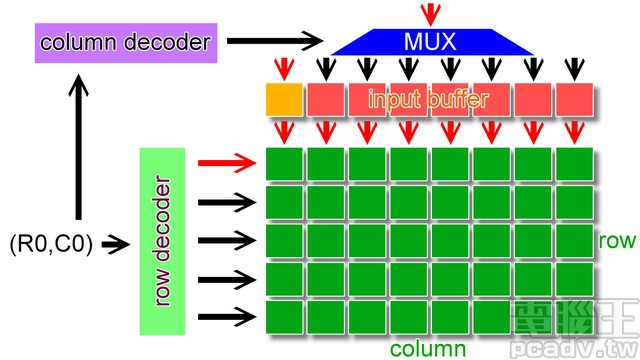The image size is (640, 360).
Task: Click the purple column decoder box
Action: [125, 43]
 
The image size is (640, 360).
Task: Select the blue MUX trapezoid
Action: [430, 42]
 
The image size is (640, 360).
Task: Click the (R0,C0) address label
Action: [50, 243]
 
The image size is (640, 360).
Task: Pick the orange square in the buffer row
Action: [284, 99]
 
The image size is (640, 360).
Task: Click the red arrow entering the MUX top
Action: [430, 13]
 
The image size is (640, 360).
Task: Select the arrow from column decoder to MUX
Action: [274, 42]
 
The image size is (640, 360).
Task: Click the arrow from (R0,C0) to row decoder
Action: [116, 243]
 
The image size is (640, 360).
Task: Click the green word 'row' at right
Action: [617, 242]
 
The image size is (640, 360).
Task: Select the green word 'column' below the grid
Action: [428, 348]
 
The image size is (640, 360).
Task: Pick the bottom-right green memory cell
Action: [574, 317]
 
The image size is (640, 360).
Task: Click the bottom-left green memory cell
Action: [285, 317]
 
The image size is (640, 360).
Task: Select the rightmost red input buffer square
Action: [574, 99]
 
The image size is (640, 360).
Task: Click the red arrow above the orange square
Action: [284, 68]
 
